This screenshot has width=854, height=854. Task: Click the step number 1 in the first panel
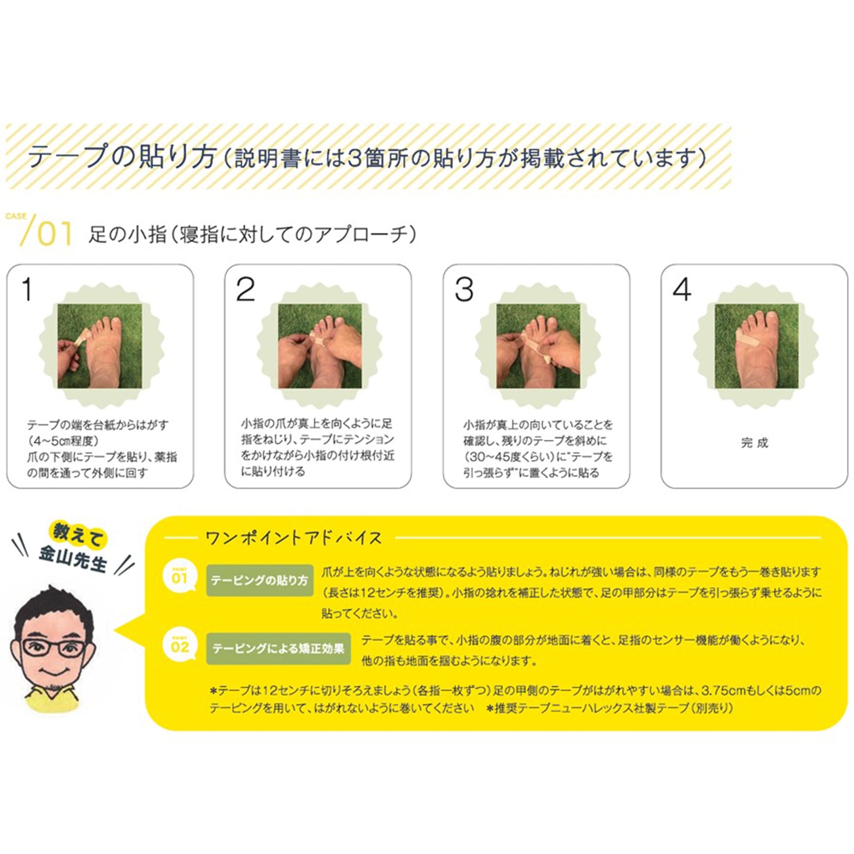pos(27,290)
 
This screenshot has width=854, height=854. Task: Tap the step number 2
pos(246,290)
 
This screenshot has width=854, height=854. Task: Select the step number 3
pos(464,290)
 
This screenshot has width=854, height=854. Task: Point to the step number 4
pos(682,290)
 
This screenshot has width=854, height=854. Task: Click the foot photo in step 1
pos(100,346)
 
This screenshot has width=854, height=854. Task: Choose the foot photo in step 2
pos(319,346)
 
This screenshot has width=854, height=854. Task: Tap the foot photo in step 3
pos(538,346)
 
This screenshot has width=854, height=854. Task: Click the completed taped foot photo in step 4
pos(756,346)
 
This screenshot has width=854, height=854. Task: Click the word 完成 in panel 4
pos(754,442)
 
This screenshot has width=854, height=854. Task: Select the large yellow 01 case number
pos(54,234)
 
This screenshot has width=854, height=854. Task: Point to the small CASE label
pos(16,216)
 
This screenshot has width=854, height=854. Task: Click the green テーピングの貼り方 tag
pos(259,581)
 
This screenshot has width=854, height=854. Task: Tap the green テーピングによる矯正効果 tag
pos(279,649)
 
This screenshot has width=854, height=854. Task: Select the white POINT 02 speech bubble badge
pos(179,646)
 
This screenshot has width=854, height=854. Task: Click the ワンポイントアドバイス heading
pos(294,538)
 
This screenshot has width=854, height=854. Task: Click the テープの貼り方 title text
pos(122,157)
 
